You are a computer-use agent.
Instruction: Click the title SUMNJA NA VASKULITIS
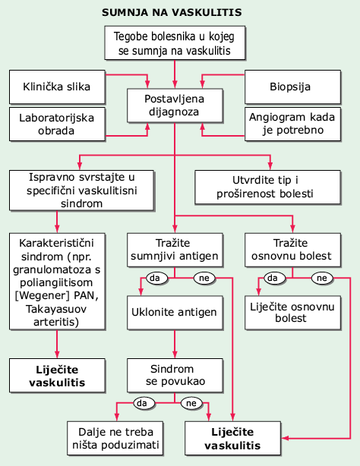pyautogui.click(x=172, y=12)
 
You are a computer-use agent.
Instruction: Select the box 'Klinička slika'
pyautogui.click(x=57, y=87)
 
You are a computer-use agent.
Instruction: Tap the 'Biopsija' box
pyautogui.click(x=292, y=87)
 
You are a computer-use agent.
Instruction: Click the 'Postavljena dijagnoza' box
pyautogui.click(x=175, y=105)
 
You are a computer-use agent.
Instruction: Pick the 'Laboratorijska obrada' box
pyautogui.click(x=57, y=124)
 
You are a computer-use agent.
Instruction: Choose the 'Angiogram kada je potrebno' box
pyautogui.click(x=292, y=124)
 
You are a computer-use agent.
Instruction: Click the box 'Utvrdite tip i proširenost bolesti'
pyautogui.click(x=267, y=187)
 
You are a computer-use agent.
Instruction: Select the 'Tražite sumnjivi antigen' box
pyautogui.click(x=175, y=250)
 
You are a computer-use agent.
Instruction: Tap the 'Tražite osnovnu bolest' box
pyautogui.click(x=292, y=250)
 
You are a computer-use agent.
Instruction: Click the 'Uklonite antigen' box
pyautogui.click(x=175, y=313)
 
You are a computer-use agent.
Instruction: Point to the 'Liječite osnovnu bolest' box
pyautogui.click(x=292, y=313)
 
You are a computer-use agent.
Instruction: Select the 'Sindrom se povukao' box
pyautogui.click(x=175, y=376)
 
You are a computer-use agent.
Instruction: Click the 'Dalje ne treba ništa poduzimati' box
pyautogui.click(x=115, y=438)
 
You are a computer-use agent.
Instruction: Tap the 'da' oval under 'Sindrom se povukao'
pyautogui.click(x=144, y=403)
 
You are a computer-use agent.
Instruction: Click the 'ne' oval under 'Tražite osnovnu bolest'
pyautogui.click(x=322, y=278)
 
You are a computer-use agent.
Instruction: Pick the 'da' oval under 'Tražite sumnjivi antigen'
pyautogui.click(x=156, y=278)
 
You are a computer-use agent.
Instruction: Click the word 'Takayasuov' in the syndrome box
pyautogui.click(x=56, y=309)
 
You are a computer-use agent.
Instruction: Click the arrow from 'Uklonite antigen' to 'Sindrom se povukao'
pyautogui.click(x=175, y=344)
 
